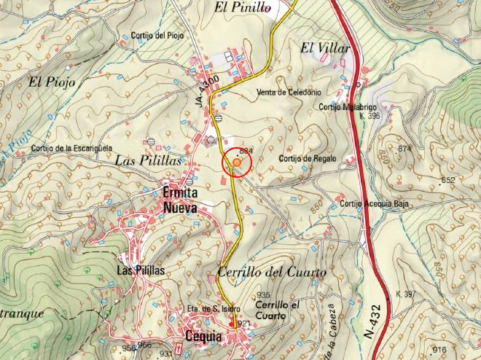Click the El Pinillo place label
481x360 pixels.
pos(242,8)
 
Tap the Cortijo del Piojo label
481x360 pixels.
pos(157,36)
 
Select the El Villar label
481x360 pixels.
pos(326,48)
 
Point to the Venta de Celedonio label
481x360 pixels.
pos(289,93)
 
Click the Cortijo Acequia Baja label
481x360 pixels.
pos(374,203)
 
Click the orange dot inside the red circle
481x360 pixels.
pos(237,163)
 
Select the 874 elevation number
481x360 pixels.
pos(405,149)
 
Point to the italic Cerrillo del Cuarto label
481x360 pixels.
pos(272,273)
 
